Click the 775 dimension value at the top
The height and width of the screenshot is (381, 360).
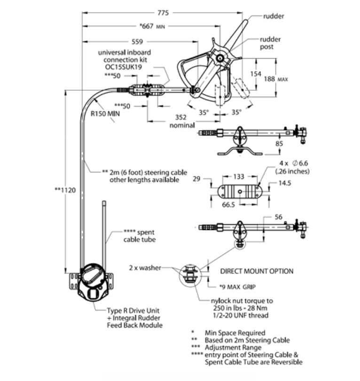(x=163, y=13)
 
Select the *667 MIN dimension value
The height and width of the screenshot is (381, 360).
(x=152, y=26)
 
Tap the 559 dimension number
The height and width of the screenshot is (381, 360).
(x=137, y=42)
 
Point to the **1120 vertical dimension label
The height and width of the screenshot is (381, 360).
(x=65, y=190)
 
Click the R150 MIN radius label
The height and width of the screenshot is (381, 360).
(x=105, y=114)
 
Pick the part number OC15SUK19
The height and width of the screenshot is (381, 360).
(x=124, y=67)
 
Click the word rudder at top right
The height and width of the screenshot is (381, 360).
(x=274, y=16)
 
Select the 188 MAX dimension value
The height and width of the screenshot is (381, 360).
(x=276, y=79)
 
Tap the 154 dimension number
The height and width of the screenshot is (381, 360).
(x=256, y=74)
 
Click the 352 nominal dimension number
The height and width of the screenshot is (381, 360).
(x=181, y=117)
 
